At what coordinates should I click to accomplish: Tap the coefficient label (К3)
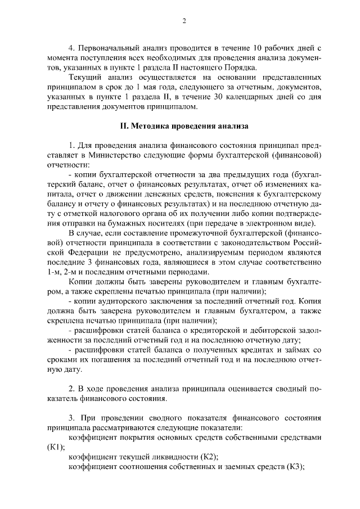(x=295, y=466)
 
